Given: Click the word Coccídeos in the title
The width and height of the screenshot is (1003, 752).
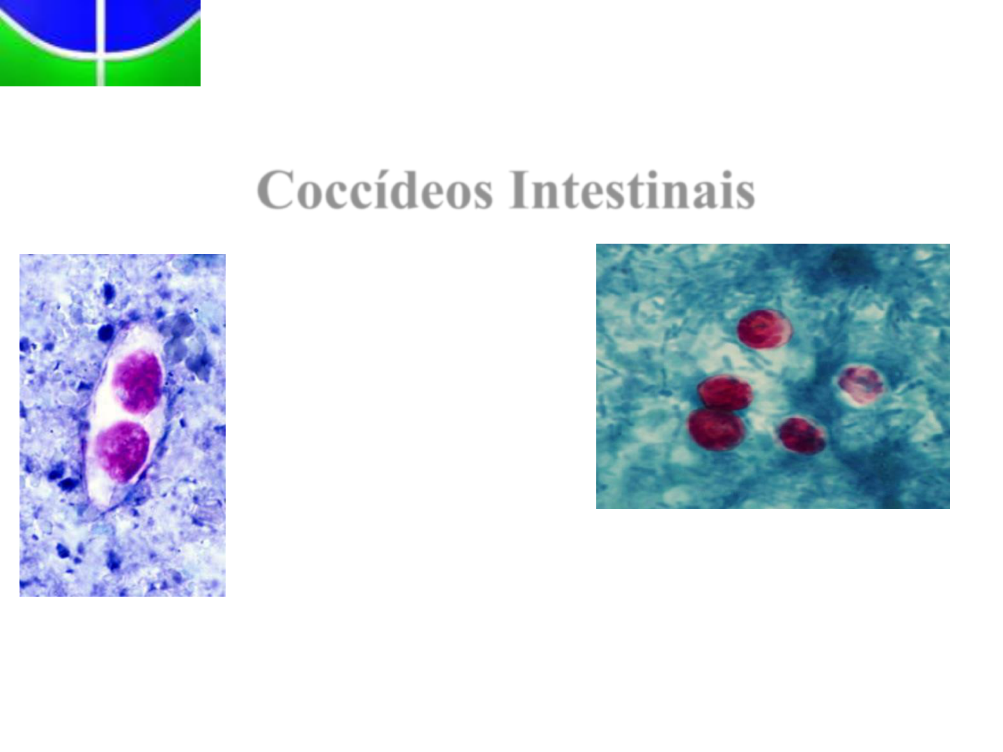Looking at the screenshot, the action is (x=375, y=189).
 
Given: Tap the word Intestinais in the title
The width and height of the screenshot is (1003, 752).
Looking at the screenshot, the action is (x=632, y=189).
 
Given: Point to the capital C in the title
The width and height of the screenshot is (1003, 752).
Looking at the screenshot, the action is (x=275, y=189).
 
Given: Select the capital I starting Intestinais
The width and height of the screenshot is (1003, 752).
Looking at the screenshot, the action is (x=520, y=189).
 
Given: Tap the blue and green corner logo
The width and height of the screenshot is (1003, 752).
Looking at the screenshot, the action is (x=100, y=43).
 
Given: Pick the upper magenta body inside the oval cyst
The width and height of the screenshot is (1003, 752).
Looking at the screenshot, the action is (x=138, y=382).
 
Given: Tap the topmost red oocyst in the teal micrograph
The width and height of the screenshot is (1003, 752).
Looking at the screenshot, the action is (x=764, y=329).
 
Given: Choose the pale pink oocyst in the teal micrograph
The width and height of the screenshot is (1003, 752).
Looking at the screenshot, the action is (x=861, y=385).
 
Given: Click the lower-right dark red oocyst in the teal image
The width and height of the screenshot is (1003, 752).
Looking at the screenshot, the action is (x=802, y=435).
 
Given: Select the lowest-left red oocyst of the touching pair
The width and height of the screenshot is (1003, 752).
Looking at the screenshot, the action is (x=716, y=429).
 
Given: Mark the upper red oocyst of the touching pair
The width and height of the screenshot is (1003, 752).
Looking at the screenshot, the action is (x=724, y=392).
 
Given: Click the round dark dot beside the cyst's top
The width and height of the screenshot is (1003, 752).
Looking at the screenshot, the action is (x=106, y=332).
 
